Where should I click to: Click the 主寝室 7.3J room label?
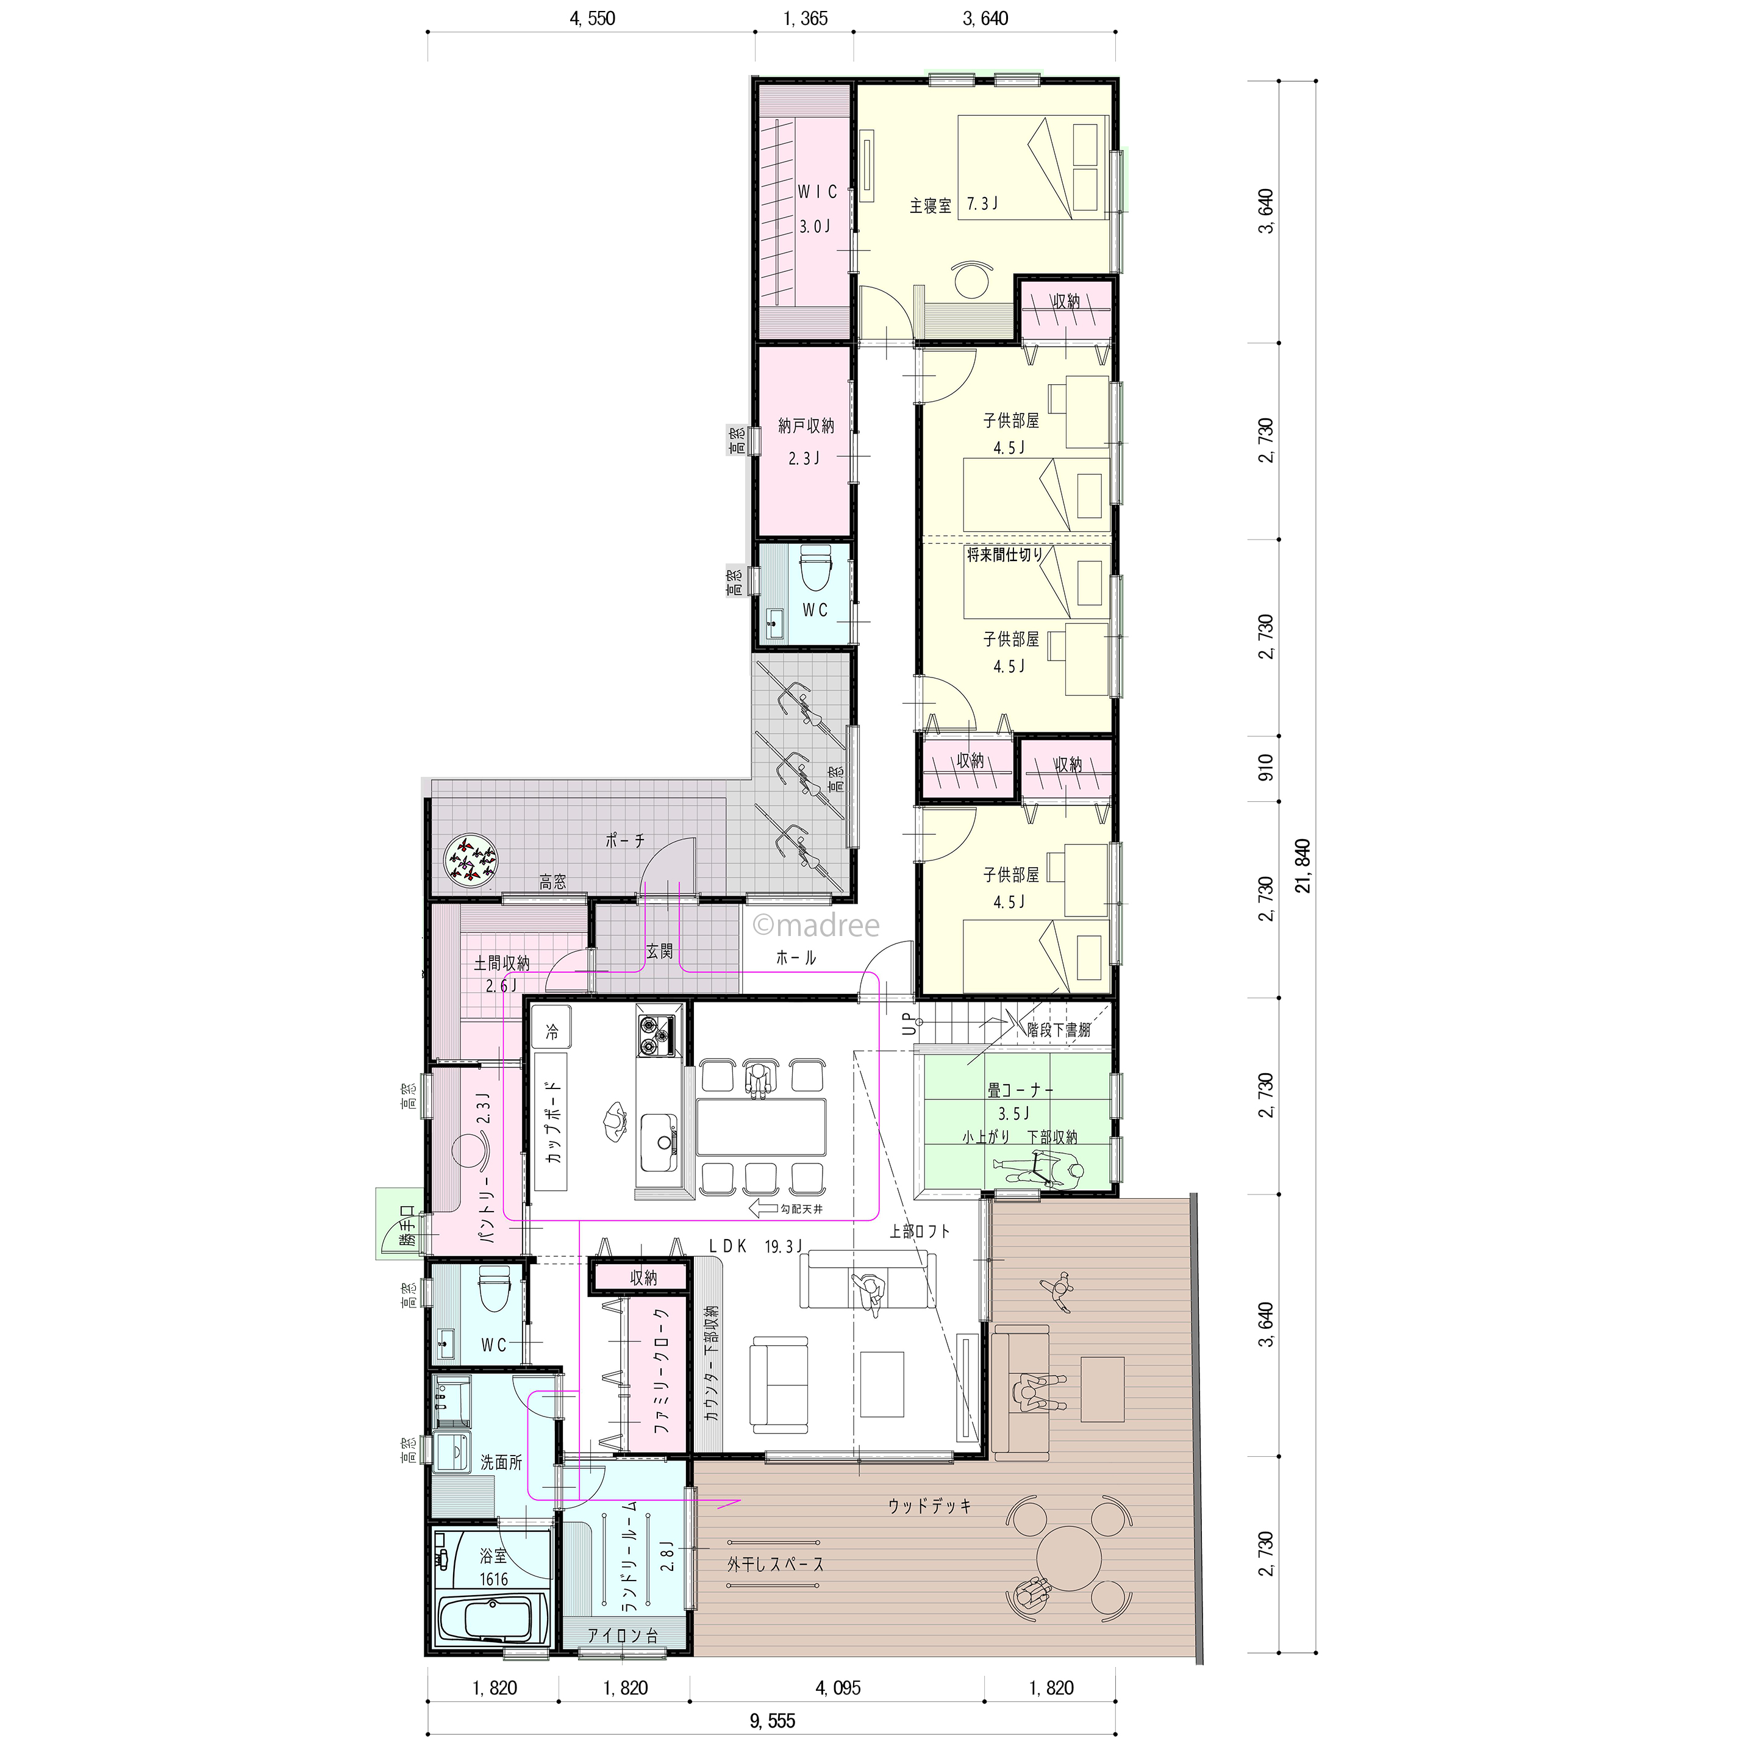coord(954,205)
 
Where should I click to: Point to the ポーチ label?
coord(625,841)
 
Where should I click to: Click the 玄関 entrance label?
coord(660,951)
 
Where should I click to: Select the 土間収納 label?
coord(501,963)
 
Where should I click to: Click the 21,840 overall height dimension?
coord(1303,865)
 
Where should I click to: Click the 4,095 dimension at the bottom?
coord(838,1688)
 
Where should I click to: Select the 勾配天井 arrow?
coord(763,1209)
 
